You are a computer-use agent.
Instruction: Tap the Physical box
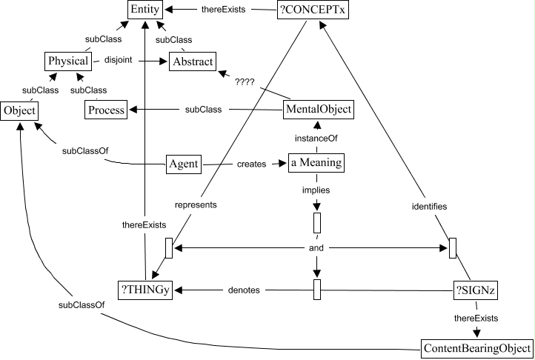click(68, 61)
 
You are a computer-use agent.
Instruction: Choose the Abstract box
click(192, 62)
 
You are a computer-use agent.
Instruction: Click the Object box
click(19, 110)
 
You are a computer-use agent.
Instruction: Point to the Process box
click(105, 110)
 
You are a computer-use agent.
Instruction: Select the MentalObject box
click(318, 110)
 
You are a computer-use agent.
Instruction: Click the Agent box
click(183, 164)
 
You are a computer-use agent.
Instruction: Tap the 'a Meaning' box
click(318, 164)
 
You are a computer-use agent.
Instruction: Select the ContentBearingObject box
click(476, 347)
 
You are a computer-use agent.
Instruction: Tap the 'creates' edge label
click(252, 164)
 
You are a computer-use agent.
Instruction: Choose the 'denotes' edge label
click(244, 290)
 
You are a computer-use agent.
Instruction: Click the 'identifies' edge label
click(429, 207)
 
